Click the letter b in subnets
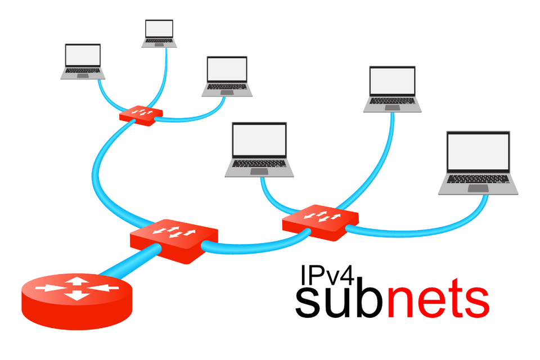368,298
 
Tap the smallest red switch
141,114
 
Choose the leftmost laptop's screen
83,55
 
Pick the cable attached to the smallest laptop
165,79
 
